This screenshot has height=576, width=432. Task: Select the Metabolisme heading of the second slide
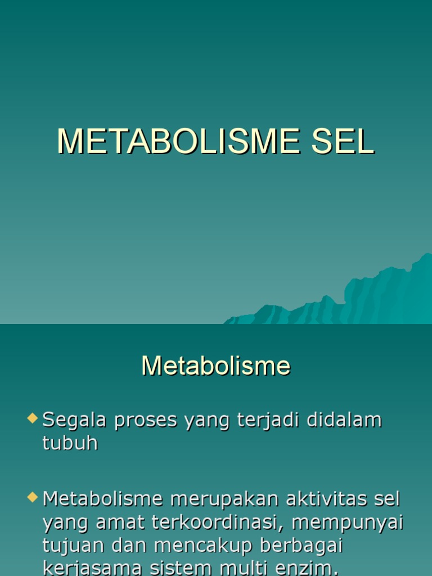pyautogui.click(x=216, y=366)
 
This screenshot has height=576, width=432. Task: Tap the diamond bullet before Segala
pyautogui.click(x=33, y=418)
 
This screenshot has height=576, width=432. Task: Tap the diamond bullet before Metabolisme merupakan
pyautogui.click(x=33, y=497)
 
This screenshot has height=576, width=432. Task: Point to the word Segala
pyautogui.click(x=75, y=421)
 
